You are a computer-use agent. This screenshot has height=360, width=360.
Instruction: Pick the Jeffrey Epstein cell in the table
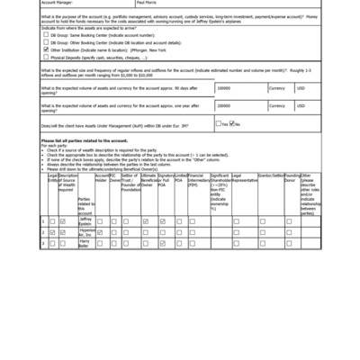tap(85, 220)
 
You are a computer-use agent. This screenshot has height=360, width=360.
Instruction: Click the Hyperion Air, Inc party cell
tap(85, 231)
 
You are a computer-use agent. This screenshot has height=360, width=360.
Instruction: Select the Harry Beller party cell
tap(85, 242)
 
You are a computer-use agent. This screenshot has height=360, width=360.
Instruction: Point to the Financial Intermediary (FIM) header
tap(197, 180)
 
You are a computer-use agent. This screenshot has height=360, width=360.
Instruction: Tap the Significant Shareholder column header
tap(220, 184)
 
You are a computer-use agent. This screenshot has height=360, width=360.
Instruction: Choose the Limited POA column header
tap(181, 178)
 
